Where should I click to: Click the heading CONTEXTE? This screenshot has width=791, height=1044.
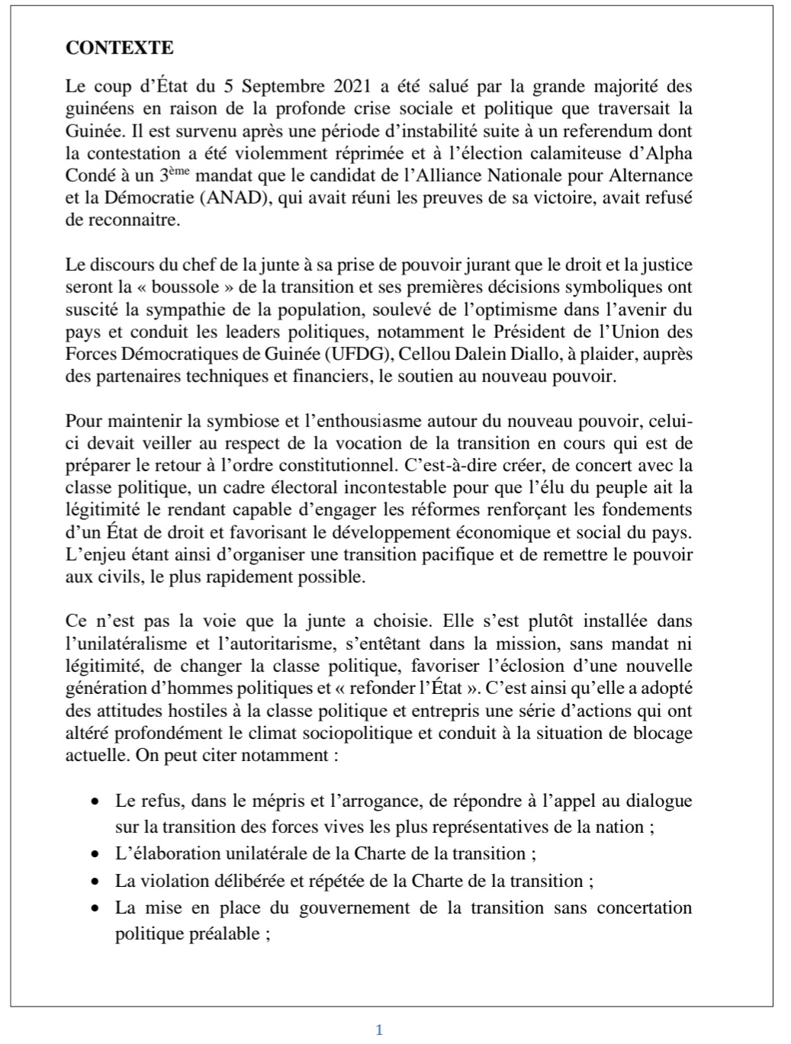tap(120, 48)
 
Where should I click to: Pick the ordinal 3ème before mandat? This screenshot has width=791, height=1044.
tap(173, 174)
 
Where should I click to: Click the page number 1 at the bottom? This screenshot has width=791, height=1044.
tap(379, 1030)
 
